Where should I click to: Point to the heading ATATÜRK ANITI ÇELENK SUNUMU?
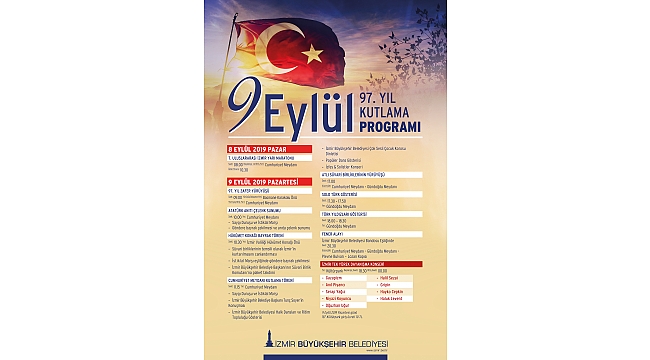point(259,209)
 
